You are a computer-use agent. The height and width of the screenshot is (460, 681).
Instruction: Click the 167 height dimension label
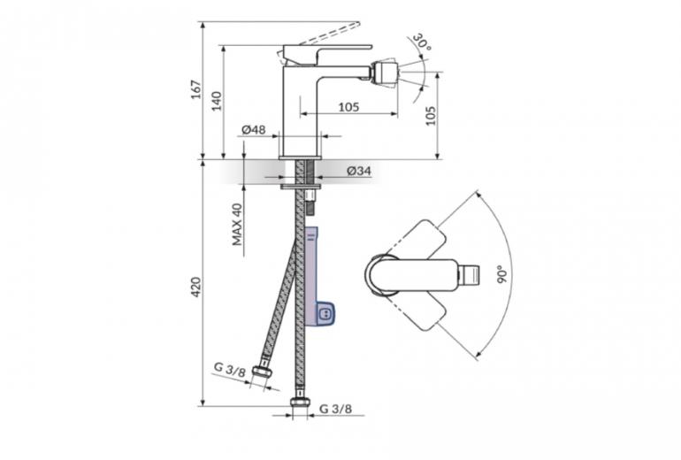[x=196, y=89]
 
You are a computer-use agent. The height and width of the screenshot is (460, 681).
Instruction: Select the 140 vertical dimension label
[x=217, y=101]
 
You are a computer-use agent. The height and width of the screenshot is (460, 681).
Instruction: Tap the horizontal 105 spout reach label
[x=348, y=106]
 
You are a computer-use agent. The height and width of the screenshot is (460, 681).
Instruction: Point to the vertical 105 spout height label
[x=430, y=116]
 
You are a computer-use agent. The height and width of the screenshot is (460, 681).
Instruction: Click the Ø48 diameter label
[x=254, y=129]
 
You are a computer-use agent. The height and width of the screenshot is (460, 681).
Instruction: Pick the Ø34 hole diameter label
[x=359, y=171]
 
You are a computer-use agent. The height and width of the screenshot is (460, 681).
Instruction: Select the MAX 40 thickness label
[x=237, y=225]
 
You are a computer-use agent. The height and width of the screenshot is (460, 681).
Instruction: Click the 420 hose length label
[x=196, y=287]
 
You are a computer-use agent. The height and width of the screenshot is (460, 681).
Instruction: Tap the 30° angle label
[x=421, y=42]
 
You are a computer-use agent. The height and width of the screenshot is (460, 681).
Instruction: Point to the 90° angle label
[x=502, y=274]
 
